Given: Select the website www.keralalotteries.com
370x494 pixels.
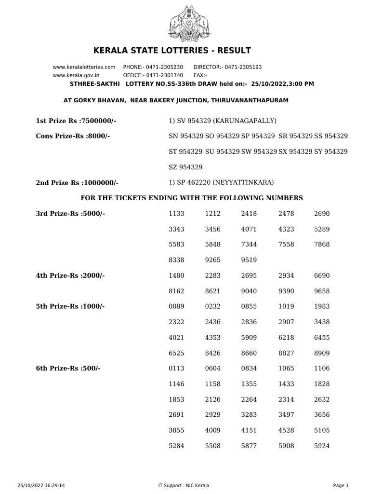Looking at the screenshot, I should pyautogui.click(x=84, y=67).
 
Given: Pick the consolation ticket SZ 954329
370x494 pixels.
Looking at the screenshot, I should pyautogui.click(x=185, y=167).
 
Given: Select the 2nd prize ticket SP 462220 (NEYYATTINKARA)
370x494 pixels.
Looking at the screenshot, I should pyautogui.click(x=221, y=182).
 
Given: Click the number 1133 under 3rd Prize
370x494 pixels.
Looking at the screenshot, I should pyautogui.click(x=177, y=213).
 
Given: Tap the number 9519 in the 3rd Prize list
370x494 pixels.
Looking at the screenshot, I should pyautogui.click(x=249, y=260).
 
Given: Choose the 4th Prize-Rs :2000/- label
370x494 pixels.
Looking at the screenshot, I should pyautogui.click(x=70, y=275).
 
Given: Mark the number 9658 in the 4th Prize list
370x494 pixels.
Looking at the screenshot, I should pyautogui.click(x=322, y=291).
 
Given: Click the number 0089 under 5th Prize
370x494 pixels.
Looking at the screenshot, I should pyautogui.click(x=177, y=306).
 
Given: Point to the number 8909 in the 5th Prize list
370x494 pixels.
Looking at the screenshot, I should pyautogui.click(x=322, y=353).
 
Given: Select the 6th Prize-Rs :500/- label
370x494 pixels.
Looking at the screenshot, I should pyautogui.click(x=68, y=368).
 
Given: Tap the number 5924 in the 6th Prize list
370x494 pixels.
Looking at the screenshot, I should pyautogui.click(x=322, y=446).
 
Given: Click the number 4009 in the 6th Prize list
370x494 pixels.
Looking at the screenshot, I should pyautogui.click(x=213, y=430).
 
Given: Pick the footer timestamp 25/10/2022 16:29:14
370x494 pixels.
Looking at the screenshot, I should pyautogui.click(x=41, y=485).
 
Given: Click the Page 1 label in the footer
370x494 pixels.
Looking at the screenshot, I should pyautogui.click(x=341, y=485).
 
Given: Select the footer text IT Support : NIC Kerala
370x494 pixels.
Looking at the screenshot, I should pyautogui.click(x=184, y=485).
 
